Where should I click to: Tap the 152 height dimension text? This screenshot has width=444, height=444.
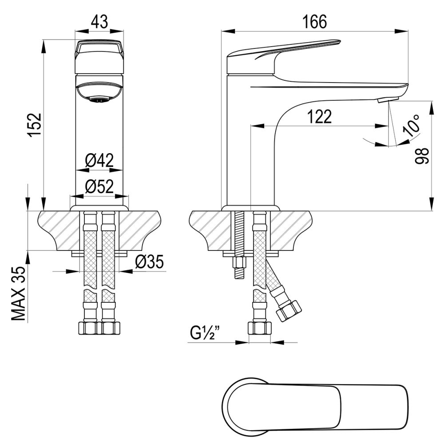point(36,124)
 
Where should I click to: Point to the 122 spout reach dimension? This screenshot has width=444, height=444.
point(319,117)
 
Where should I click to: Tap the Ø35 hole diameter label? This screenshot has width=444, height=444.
point(149,262)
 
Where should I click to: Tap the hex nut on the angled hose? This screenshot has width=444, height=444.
point(288,309)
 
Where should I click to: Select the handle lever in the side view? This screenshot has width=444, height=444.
point(284,53)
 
